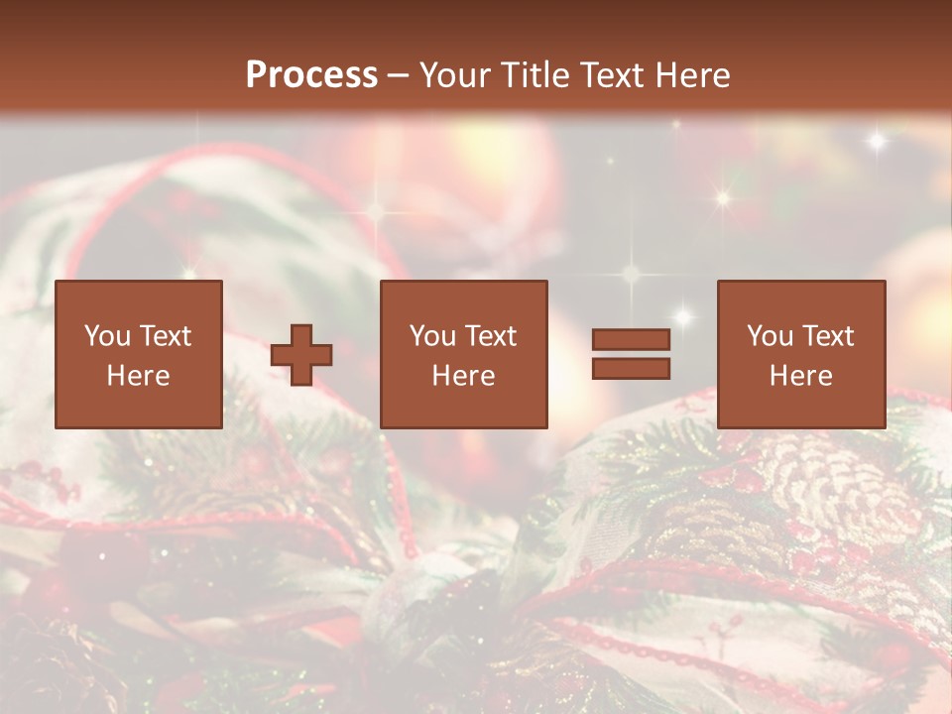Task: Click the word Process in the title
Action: tap(311, 75)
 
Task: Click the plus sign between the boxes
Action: tap(301, 355)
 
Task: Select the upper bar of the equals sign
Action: tap(631, 339)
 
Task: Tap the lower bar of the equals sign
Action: tap(631, 369)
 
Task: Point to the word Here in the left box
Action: tap(138, 376)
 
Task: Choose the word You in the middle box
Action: tap(432, 336)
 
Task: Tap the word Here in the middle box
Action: tap(463, 376)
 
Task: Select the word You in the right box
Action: tap(770, 336)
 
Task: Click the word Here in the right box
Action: tap(800, 376)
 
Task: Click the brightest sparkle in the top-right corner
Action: tap(877, 141)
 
